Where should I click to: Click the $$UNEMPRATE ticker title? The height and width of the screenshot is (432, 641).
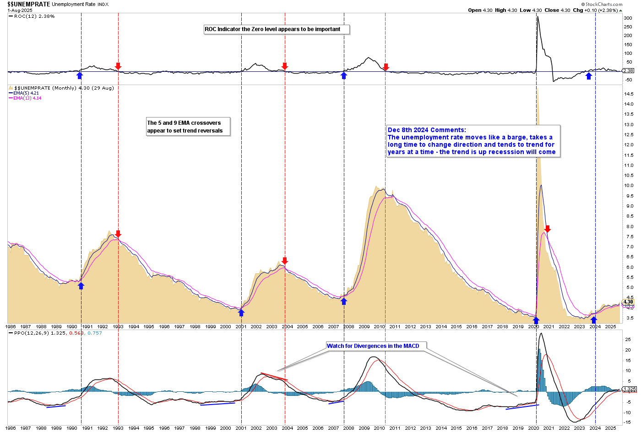coord(28,4)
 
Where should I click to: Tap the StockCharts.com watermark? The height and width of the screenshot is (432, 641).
coord(604,4)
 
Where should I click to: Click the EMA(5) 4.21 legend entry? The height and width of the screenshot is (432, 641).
coord(26,93)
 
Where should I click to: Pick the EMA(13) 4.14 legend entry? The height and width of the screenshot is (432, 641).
coord(27,98)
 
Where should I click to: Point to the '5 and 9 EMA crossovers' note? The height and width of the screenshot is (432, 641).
coord(188,127)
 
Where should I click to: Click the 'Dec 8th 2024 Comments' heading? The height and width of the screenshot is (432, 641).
coord(427,130)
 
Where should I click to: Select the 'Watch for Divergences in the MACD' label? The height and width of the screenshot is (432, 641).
coord(373,346)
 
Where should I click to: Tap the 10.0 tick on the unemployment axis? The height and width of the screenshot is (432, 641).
coord(629,186)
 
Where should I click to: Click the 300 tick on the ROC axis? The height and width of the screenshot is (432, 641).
coord(628,18)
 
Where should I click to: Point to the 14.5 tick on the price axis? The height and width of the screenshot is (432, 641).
coord(629,94)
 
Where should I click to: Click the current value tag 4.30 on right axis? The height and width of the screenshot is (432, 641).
coord(628,302)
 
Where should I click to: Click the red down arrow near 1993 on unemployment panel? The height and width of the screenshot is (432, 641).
coord(118,234)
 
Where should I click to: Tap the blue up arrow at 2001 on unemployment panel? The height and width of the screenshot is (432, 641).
coord(241,313)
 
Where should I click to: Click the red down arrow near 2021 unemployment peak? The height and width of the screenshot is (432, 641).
coord(547,229)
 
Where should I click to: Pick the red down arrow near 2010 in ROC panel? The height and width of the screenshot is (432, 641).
coord(386,67)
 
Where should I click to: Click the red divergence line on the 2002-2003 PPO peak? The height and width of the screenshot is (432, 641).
coord(274,377)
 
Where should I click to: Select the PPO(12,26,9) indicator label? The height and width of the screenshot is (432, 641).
coord(32,333)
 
